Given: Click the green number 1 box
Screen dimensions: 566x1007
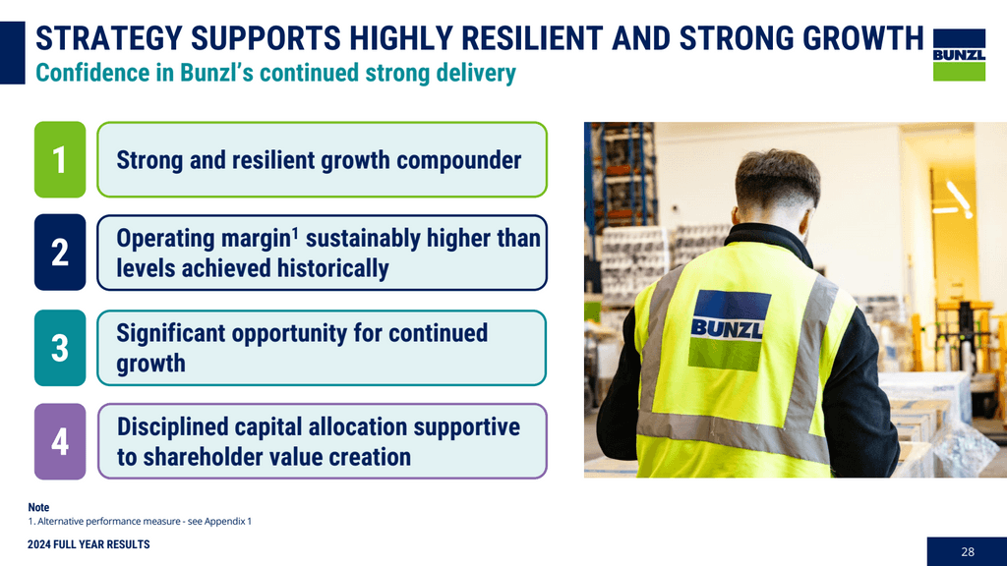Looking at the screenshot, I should click(60, 159).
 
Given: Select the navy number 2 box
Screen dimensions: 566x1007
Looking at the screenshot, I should click(60, 253).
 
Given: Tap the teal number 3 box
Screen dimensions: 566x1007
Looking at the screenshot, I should click(60, 347).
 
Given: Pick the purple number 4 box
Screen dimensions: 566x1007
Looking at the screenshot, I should click(60, 441).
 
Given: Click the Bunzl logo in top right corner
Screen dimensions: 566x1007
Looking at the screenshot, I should click(958, 54).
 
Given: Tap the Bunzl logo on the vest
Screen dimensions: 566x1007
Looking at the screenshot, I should click(728, 329).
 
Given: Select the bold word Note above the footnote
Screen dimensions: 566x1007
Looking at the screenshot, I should click(38, 507).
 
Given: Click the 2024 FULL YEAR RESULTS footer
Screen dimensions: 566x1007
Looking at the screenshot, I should click(89, 544).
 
